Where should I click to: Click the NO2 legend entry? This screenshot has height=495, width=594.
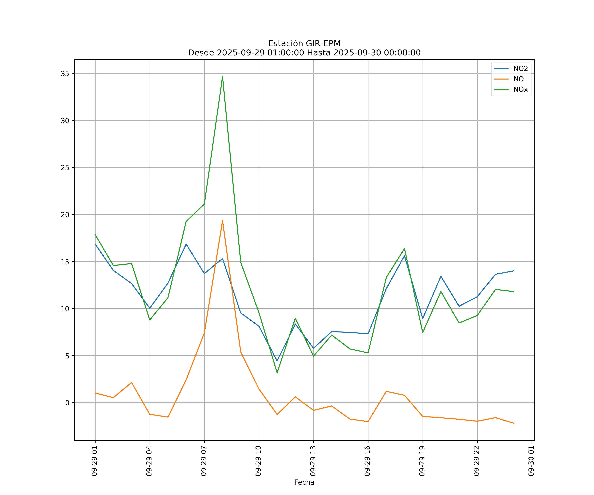(520, 69)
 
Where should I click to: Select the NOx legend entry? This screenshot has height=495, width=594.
(520, 90)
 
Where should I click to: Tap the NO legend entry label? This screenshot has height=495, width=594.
(518, 79)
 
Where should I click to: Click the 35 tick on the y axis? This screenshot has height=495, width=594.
(65, 74)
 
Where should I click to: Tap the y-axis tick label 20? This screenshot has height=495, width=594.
(65, 215)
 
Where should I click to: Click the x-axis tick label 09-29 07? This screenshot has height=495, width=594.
(204, 461)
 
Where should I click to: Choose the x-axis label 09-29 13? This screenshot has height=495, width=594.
(313, 461)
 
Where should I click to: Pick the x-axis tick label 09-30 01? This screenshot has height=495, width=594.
(531, 461)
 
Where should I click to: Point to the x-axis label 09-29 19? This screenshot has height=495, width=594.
(422, 461)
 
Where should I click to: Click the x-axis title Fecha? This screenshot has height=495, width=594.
(304, 482)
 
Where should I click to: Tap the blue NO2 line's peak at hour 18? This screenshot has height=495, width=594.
(404, 256)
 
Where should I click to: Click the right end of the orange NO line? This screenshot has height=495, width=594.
(514, 423)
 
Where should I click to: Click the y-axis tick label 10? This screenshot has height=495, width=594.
(65, 309)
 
